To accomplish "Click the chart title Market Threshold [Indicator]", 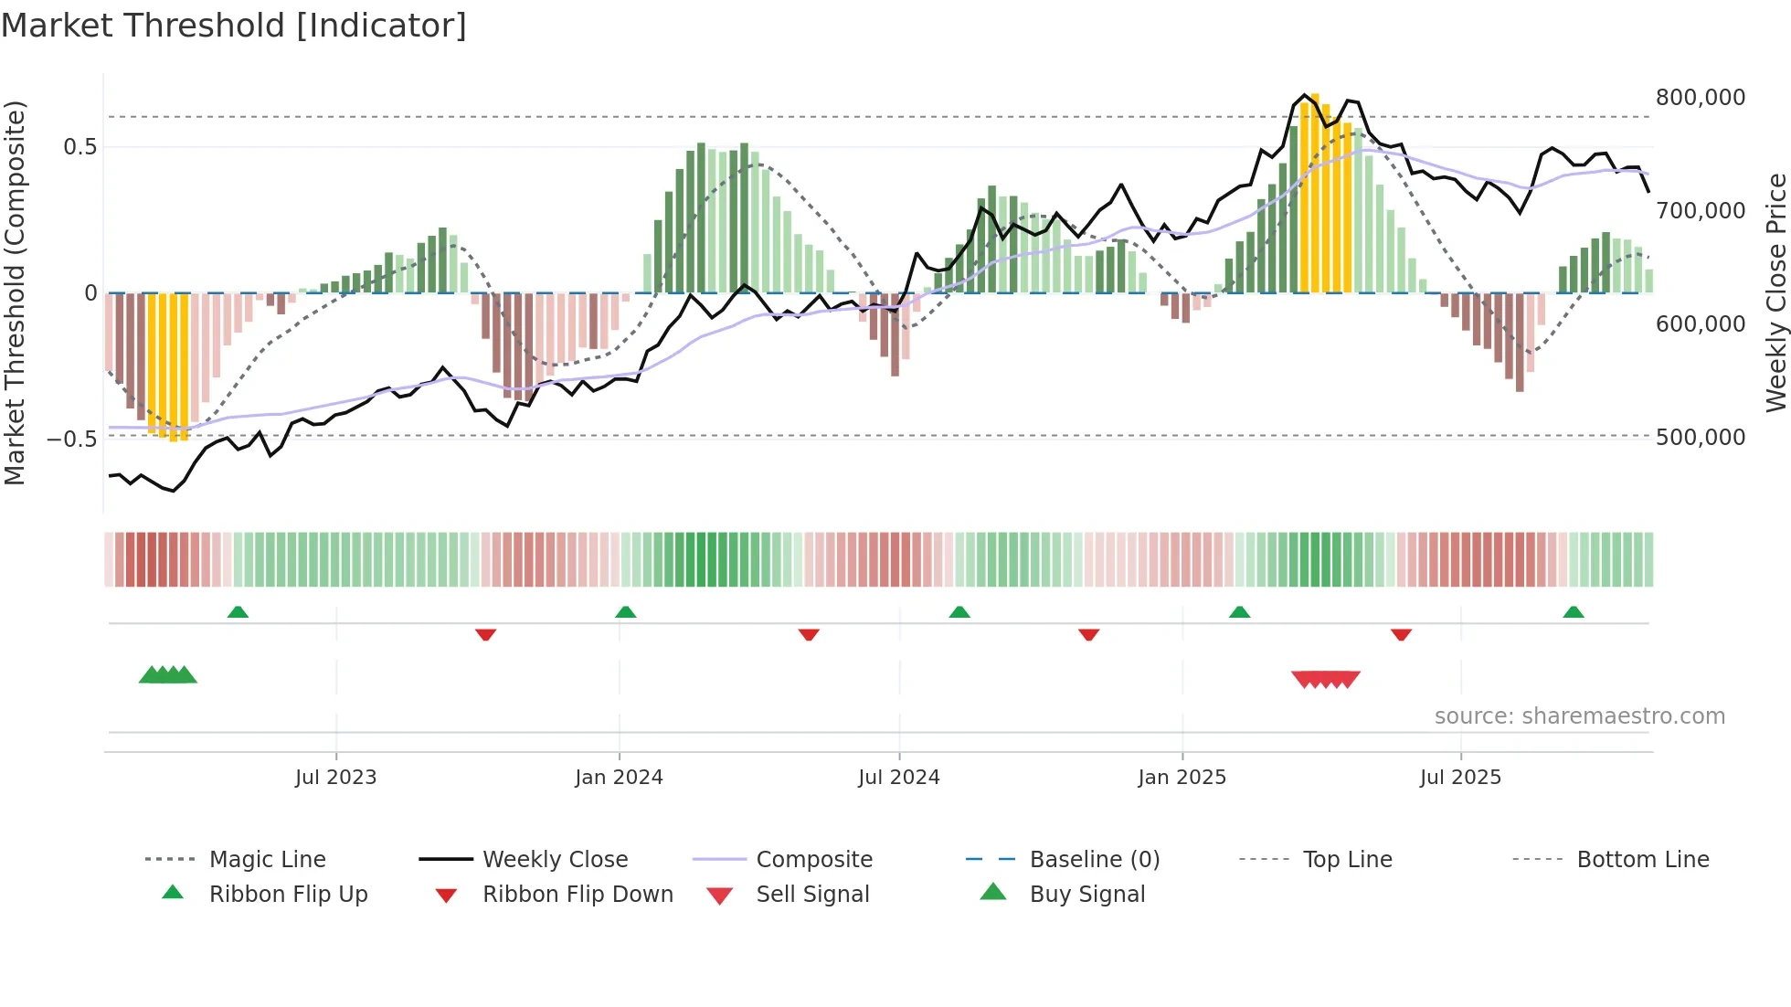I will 234,26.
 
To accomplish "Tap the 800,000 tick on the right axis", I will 1700,98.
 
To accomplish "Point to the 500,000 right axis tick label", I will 1700,438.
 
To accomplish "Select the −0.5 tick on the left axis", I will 71,439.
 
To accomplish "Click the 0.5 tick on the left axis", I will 79,147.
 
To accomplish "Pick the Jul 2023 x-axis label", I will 335,778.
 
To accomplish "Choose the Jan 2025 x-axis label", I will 1182,778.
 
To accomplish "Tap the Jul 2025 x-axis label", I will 1459,778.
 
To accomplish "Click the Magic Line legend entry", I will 267,860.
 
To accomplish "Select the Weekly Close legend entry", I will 555,860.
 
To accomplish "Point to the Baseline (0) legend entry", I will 1094,860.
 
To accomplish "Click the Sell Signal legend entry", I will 811,895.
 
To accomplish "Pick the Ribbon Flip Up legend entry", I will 288,895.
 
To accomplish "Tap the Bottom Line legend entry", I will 1642,860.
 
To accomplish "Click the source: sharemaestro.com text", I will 1579,716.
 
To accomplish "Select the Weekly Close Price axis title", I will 1775,292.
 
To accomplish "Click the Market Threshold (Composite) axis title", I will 15,292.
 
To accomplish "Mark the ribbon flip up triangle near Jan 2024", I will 625,612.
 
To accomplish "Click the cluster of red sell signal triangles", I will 1325,679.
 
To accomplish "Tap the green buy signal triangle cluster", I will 168,675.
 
